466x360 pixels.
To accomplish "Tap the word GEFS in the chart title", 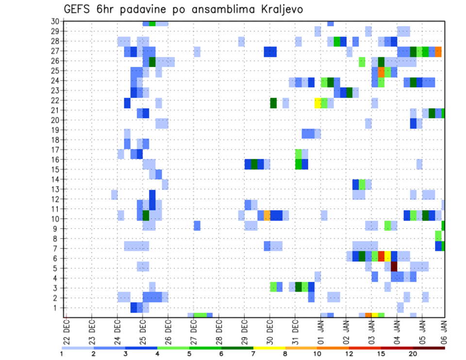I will coord(80,9).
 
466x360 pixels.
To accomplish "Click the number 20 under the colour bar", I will coord(413,354).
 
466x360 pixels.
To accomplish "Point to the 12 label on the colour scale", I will coord(349,354).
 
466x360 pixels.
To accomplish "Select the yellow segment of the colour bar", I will coord(269,348).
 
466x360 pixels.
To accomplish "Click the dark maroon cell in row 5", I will coord(394,266).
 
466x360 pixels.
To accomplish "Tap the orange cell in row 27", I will coord(438,51).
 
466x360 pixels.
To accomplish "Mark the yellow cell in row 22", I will coord(318,103).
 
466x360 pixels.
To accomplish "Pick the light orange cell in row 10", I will coord(267,215).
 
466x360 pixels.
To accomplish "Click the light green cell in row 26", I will coord(362,62).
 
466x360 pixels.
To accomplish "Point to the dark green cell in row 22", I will coord(273,103).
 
